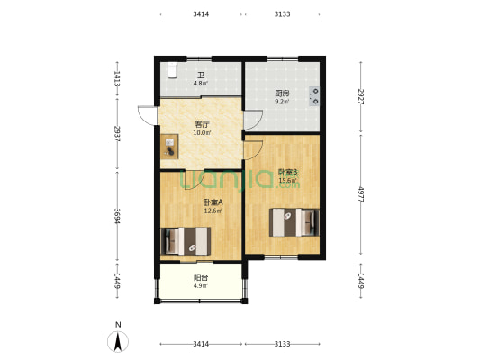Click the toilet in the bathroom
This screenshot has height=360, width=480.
pos(173,71)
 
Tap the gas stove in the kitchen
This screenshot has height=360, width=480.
pos(314,96)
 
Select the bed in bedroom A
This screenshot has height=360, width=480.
pos(186,241)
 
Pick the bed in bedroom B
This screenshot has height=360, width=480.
pos(294,222)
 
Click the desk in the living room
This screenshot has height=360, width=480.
pos(169,147)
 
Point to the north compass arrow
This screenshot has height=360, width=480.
pos(118,341)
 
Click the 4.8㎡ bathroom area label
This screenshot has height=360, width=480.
pos(201,83)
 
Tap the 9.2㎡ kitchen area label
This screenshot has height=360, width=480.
pos(282,102)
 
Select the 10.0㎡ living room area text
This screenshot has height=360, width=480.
pos(202,132)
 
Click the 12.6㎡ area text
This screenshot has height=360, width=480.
pos(213,211)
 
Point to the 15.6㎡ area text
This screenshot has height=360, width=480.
pos(288,181)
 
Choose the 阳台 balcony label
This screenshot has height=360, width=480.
pos(201,277)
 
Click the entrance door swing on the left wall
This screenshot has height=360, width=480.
pos(148,115)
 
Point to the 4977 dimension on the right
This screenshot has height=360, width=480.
pos(361,194)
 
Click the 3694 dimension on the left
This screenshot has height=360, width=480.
pos(117,216)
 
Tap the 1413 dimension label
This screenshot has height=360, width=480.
pos(117,78)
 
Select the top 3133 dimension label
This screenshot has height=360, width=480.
pos(282,14)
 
